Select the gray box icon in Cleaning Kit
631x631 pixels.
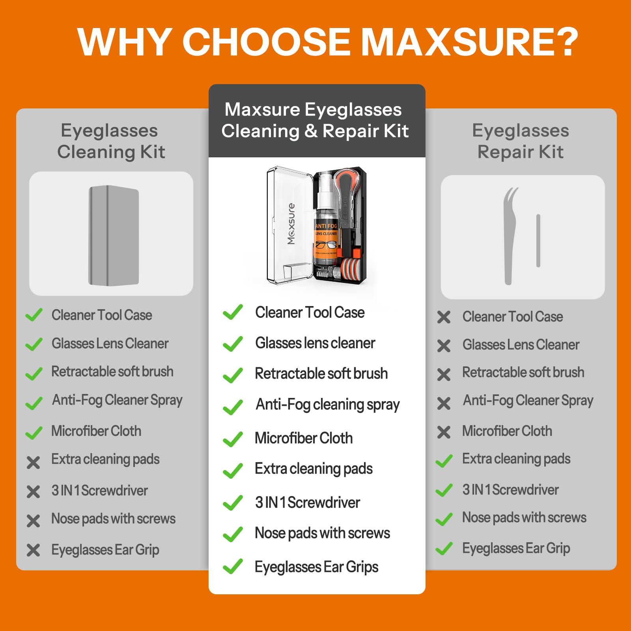[x=114, y=235]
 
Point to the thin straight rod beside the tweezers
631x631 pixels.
[x=538, y=241]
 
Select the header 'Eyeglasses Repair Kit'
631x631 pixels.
[x=521, y=141]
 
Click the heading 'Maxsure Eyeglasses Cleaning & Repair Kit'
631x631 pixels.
[x=315, y=120]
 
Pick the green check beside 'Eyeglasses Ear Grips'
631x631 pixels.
[x=233, y=566]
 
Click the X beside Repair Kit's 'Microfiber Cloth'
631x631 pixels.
[x=444, y=432]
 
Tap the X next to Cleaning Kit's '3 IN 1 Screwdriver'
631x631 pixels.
[x=34, y=491]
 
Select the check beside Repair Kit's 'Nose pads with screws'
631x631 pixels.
[x=444, y=519]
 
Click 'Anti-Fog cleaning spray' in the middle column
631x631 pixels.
[x=327, y=405]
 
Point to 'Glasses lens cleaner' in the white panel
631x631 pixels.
[x=315, y=343]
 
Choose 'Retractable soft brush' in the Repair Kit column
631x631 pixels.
[x=523, y=372]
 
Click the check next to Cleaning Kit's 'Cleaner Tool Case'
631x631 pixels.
[x=34, y=315]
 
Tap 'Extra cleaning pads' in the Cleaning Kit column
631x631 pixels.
[x=105, y=459]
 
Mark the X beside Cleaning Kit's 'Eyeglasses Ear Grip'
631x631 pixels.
[x=34, y=550]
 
